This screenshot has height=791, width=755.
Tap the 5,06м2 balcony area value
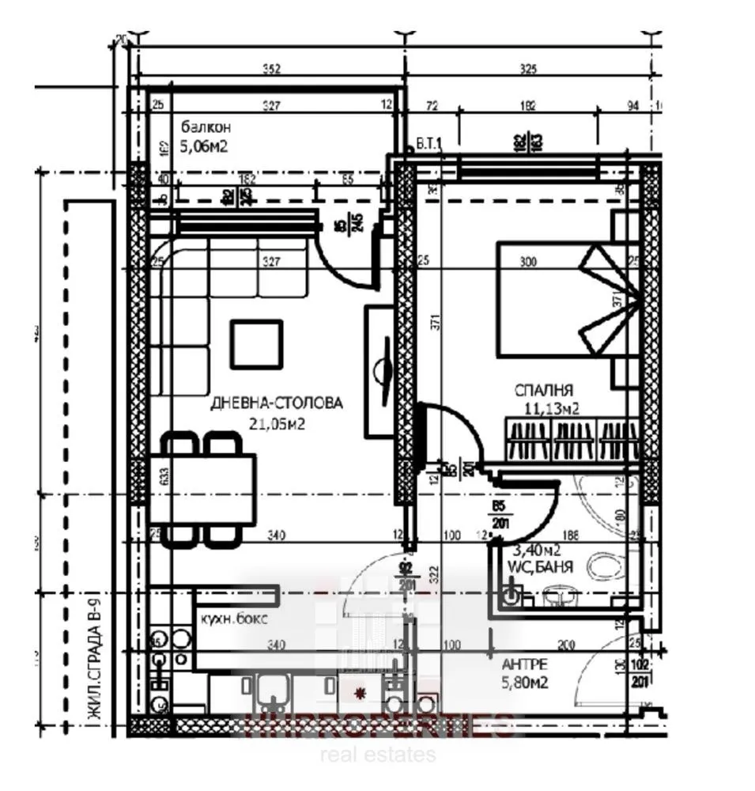(205, 146)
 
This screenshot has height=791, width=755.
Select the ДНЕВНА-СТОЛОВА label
(277, 403)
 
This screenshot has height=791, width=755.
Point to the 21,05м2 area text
(279, 423)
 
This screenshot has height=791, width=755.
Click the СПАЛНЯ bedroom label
(544, 390)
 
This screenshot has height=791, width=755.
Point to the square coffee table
(256, 344)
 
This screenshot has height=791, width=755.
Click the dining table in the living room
(202, 489)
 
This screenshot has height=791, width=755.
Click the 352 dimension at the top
(271, 70)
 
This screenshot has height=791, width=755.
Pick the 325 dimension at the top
(527, 70)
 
